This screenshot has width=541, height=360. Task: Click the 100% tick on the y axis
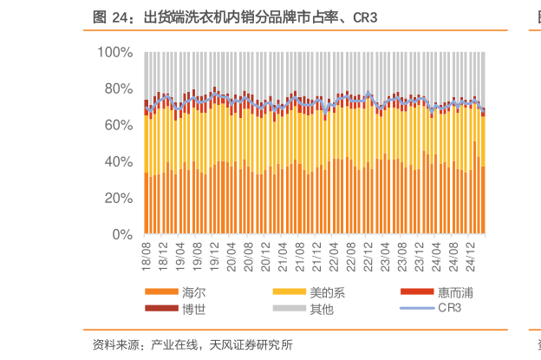click(115, 52)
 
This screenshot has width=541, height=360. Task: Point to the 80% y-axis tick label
click(118, 88)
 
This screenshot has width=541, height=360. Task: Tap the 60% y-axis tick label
click(118, 125)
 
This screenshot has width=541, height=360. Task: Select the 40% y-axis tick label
click(118, 161)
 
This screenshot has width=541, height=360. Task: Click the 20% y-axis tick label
click(118, 198)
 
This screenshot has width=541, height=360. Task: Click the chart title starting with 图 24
click(234, 17)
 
